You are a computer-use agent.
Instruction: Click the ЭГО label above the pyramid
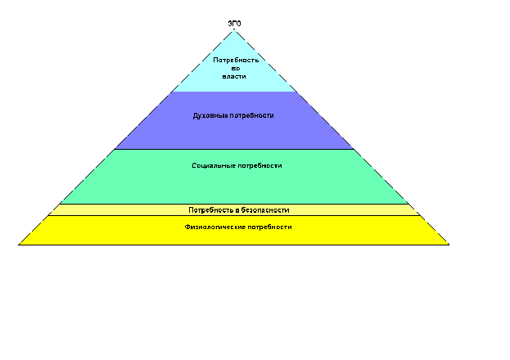click(x=234, y=24)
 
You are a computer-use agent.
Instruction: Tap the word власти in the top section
click(x=234, y=76)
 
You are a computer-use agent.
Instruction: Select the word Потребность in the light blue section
click(x=236, y=61)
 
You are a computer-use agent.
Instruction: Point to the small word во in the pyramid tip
click(x=236, y=68)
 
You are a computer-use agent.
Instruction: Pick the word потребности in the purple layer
click(x=252, y=115)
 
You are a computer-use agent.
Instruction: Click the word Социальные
click(x=214, y=165)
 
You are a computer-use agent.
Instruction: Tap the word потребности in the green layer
click(x=260, y=165)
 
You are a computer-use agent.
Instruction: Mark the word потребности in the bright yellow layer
click(x=269, y=227)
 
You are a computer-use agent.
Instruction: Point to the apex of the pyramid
click(x=234, y=30)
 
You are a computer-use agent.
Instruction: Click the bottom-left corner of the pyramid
click(x=19, y=245)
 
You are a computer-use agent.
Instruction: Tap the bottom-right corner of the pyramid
click(x=449, y=245)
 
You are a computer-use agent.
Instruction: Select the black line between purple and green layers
click(x=234, y=149)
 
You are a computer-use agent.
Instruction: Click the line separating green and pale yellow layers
click(x=234, y=204)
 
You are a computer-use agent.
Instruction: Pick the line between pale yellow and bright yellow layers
click(x=234, y=215)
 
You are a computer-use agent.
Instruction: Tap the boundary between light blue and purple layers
click(x=234, y=92)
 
